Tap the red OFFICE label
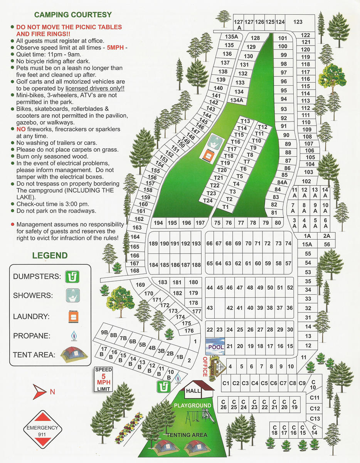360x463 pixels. click(x=205, y=367)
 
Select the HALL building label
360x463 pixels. click(x=193, y=391)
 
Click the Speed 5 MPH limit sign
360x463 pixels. click(x=103, y=379)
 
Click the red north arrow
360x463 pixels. click(x=40, y=392)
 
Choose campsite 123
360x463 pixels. click(x=298, y=22)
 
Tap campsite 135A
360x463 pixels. click(x=231, y=37)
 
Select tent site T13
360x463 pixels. click(x=245, y=122)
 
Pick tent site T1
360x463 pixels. click(x=225, y=207)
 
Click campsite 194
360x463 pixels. click(x=158, y=223)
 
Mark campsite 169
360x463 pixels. click(x=140, y=285)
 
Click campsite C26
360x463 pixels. click(x=223, y=404)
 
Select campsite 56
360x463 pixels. click(x=327, y=244)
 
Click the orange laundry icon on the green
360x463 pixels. click(x=209, y=156)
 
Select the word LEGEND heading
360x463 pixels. click(x=50, y=255)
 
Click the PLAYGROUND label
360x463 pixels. click(x=192, y=406)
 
